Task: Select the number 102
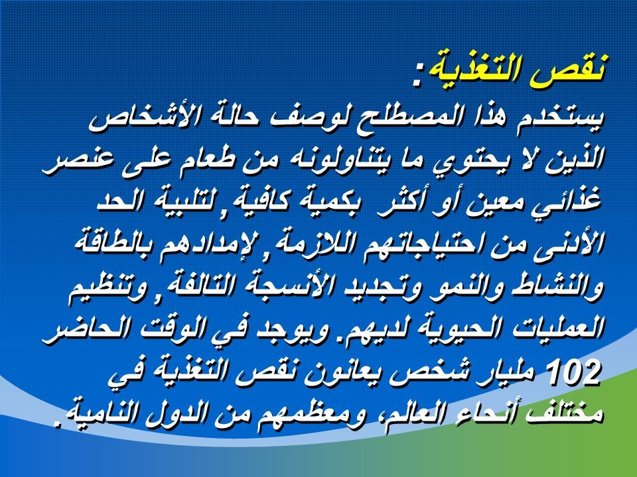tap(574, 371)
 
